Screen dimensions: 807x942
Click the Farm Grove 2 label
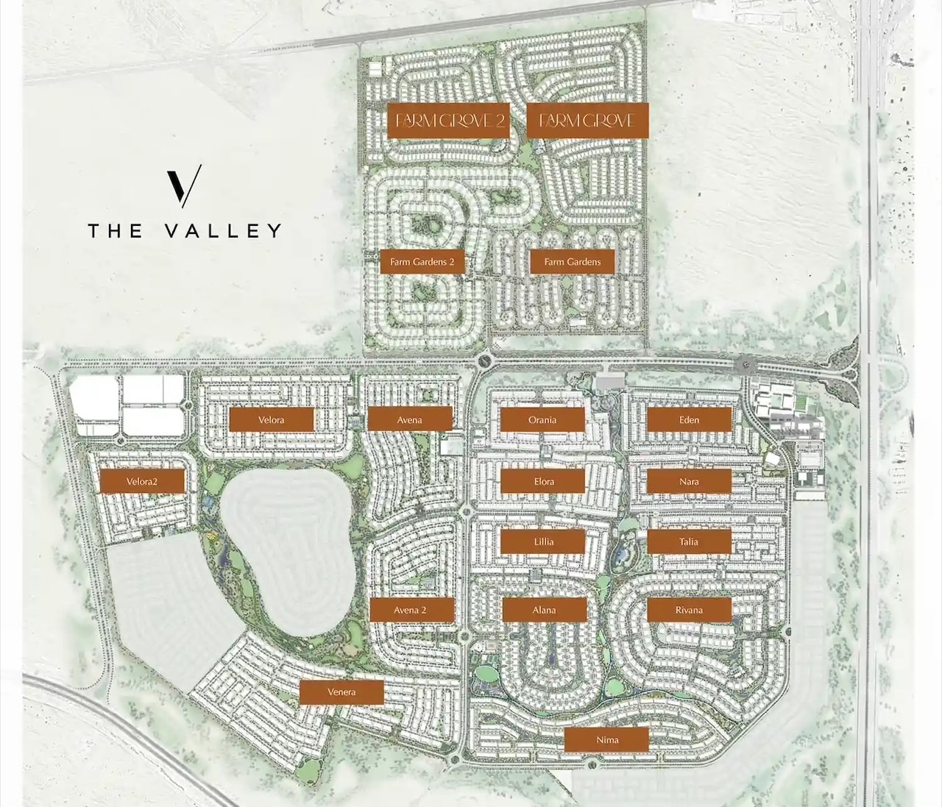(449, 120)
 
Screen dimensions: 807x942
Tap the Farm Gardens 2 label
(423, 262)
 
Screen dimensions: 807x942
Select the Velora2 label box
(143, 482)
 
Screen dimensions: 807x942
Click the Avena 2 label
(411, 610)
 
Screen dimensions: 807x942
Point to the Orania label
(542, 419)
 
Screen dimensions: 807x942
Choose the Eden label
(690, 419)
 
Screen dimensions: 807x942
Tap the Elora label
(543, 481)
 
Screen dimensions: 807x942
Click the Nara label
(690, 481)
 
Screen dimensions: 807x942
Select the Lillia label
(543, 541)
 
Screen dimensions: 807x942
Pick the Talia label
(690, 541)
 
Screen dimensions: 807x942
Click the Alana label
(545, 610)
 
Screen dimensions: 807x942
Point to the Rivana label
(690, 610)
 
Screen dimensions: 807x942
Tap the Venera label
(342, 692)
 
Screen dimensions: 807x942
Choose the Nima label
(607, 740)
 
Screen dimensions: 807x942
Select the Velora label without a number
(272, 419)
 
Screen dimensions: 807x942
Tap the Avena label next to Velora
(410, 419)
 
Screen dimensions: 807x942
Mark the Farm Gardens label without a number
(573, 262)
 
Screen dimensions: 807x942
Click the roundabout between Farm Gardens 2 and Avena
(484, 360)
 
